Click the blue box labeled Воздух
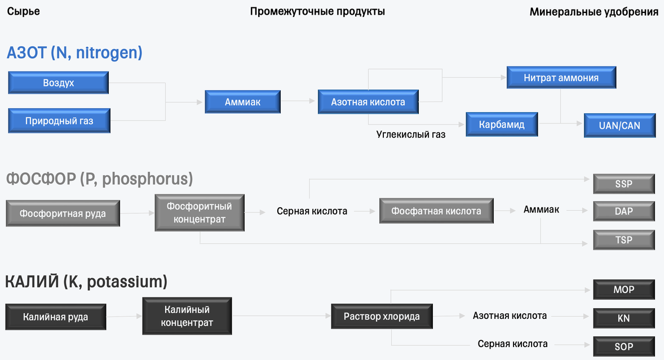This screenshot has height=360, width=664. [59, 83]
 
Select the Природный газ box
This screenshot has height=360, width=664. [59, 121]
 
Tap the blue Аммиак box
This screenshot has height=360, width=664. [242, 102]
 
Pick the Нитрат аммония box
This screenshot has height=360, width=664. [561, 78]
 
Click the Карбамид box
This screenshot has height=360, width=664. [502, 125]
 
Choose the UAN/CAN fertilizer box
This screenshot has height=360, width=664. [619, 126]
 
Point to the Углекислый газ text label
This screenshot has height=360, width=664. [411, 135]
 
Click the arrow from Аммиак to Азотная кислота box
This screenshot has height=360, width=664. [298, 101]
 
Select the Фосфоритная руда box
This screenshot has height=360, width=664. [63, 214]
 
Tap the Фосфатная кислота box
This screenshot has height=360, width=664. [436, 211]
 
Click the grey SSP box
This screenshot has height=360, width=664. [623, 184]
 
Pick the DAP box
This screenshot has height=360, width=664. [623, 211]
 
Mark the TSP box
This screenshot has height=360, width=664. [623, 239]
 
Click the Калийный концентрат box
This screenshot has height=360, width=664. [187, 316]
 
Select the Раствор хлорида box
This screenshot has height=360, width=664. [382, 316]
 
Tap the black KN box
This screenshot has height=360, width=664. [623, 318]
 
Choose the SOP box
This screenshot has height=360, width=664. [623, 346]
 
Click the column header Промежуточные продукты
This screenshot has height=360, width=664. [317, 11]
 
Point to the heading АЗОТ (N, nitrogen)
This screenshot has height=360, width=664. [74, 53]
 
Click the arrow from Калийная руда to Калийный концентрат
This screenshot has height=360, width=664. [124, 316]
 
